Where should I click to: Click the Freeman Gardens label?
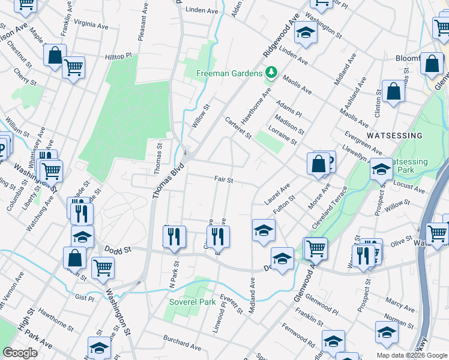click(x=230, y=73)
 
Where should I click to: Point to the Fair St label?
click(x=223, y=179)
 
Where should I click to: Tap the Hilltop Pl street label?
click(x=122, y=56)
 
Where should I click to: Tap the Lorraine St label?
click(x=284, y=139)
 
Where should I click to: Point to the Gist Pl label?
click(x=83, y=297)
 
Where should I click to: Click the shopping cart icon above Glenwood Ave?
click(x=316, y=247)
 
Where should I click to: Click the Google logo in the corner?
click(x=20, y=353)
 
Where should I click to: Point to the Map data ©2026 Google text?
click(x=411, y=355)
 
